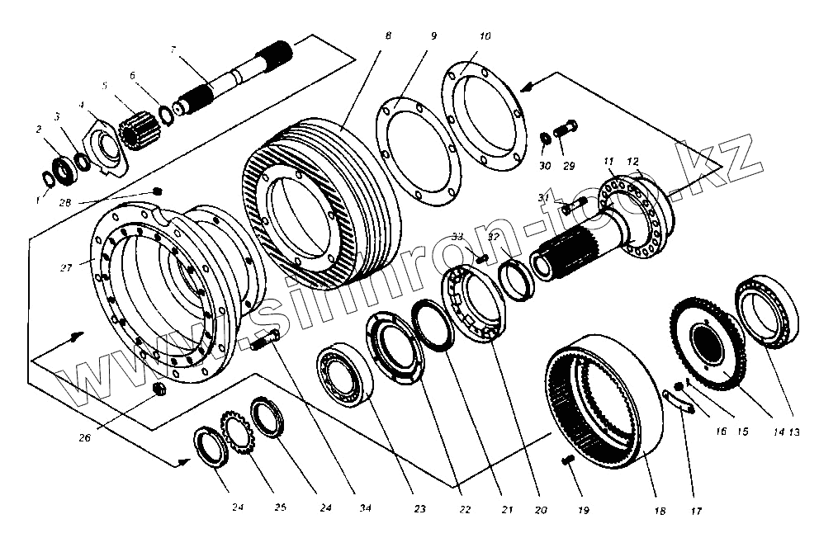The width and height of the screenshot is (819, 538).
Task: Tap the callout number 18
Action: coord(659,512)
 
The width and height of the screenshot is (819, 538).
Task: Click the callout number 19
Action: coord(583,511)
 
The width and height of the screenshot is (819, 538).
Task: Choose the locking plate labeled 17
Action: coord(679,399)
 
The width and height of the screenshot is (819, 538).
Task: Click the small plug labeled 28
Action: coord(157,191)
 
